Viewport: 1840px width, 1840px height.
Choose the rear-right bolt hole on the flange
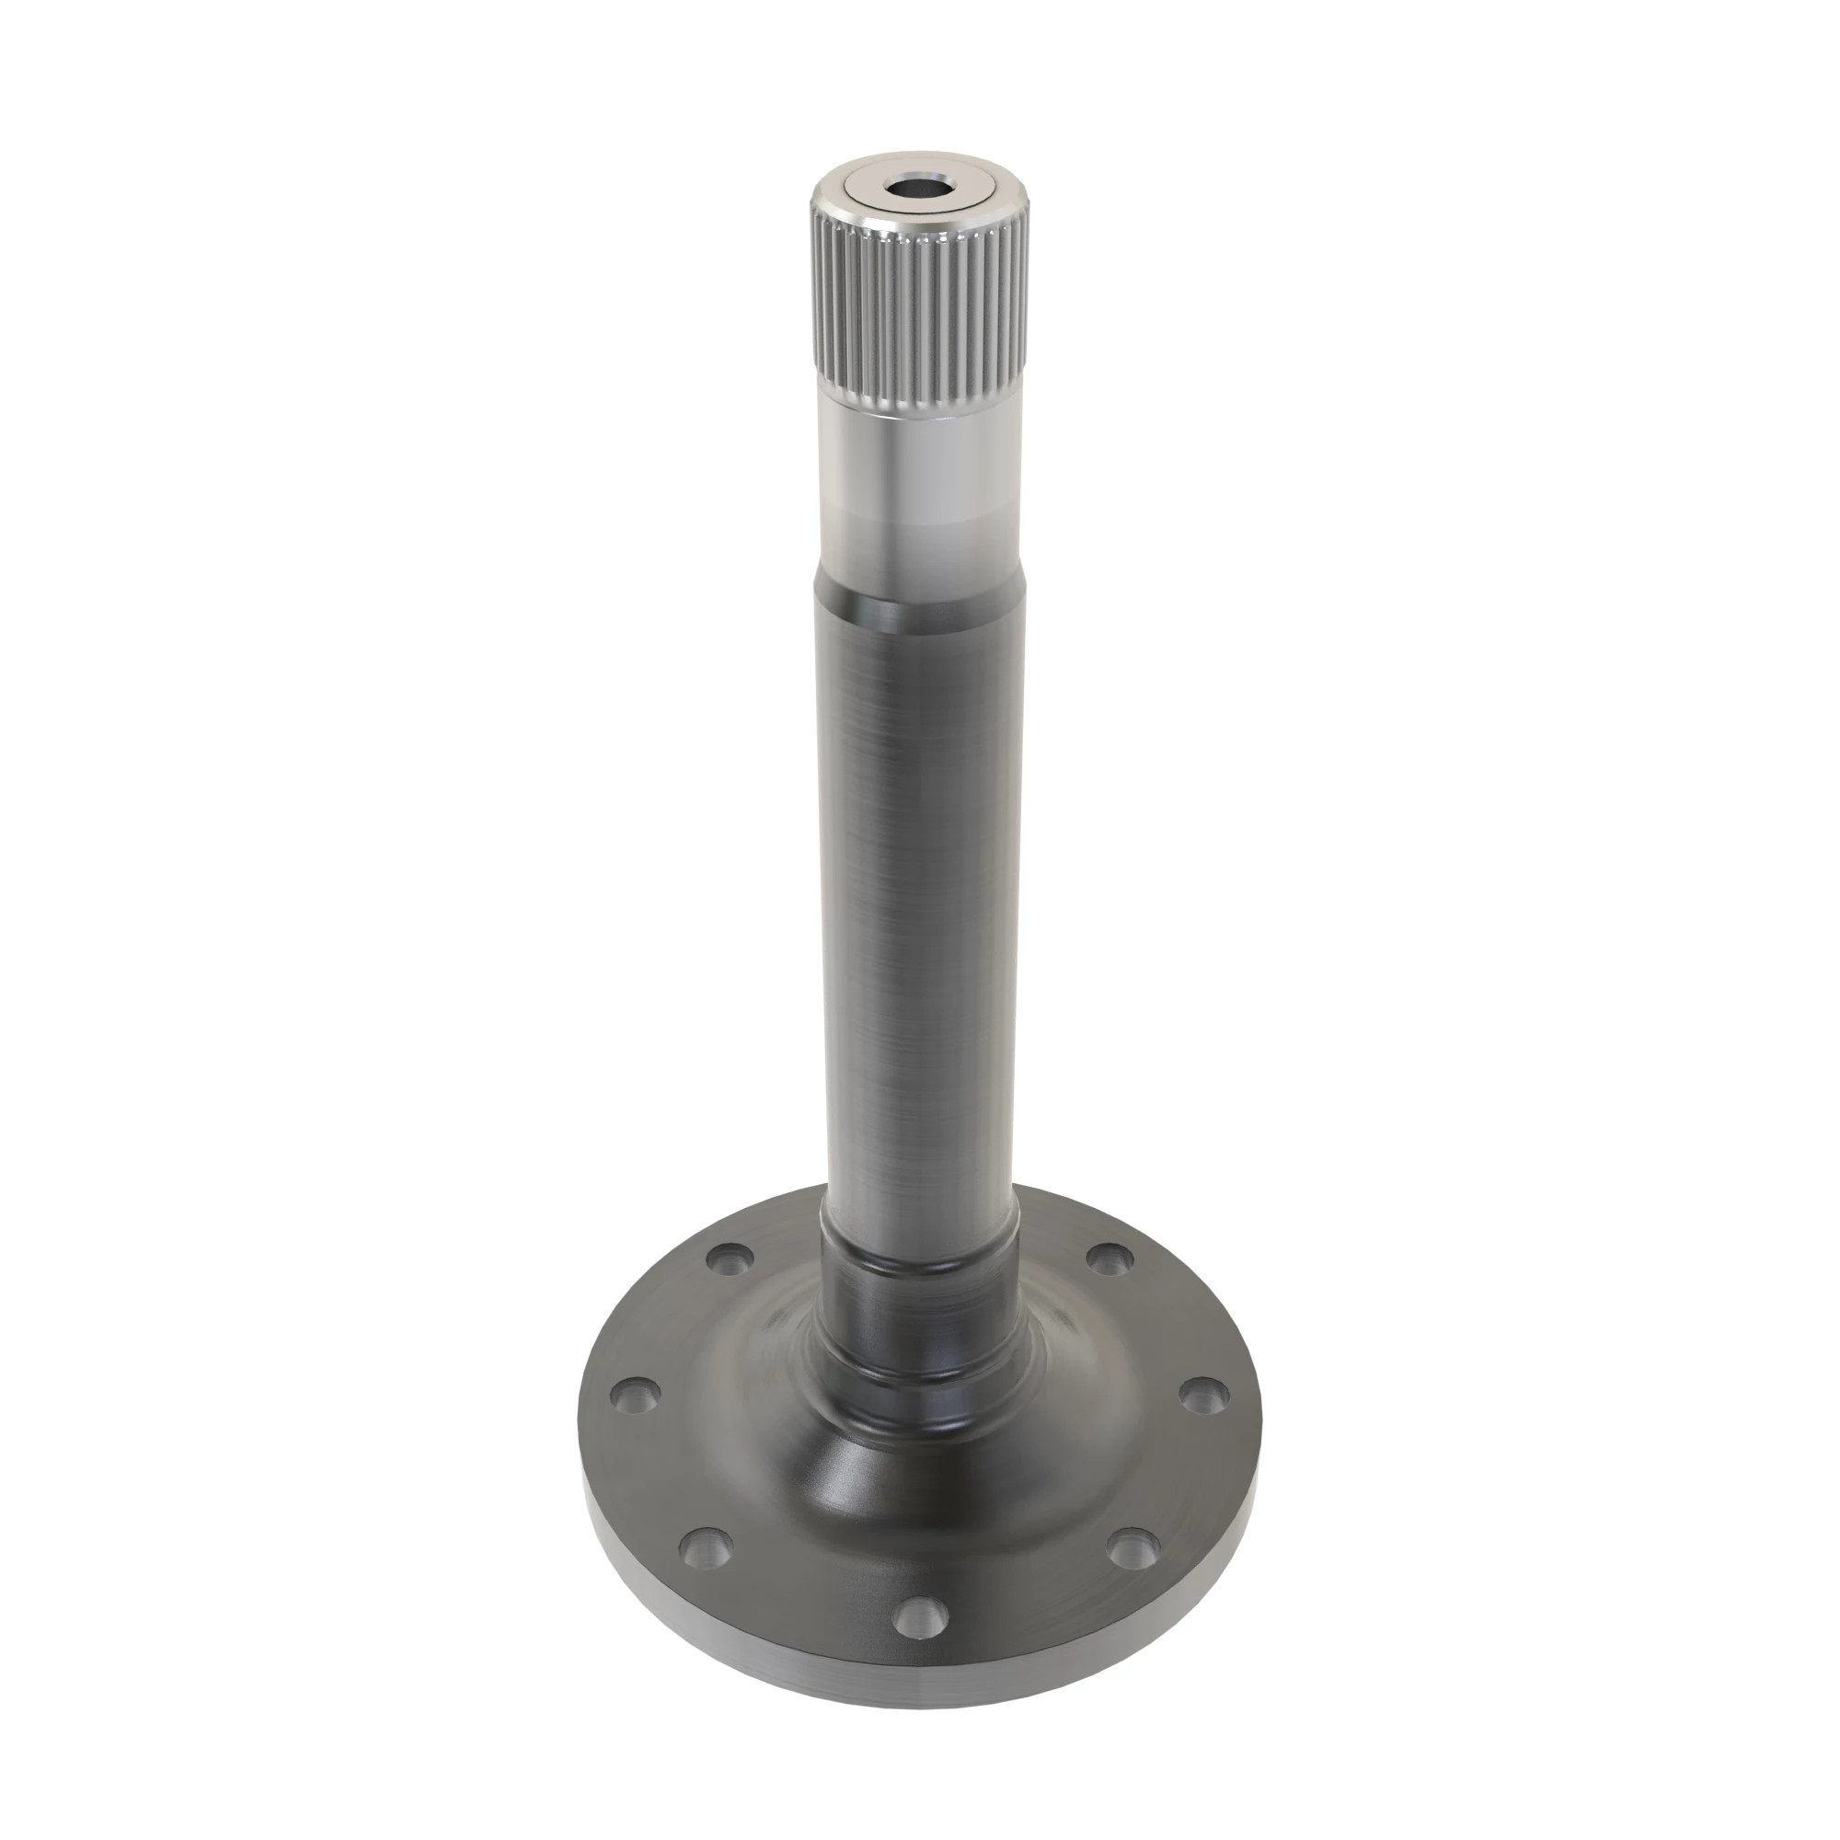click(x=1108, y=1259)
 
